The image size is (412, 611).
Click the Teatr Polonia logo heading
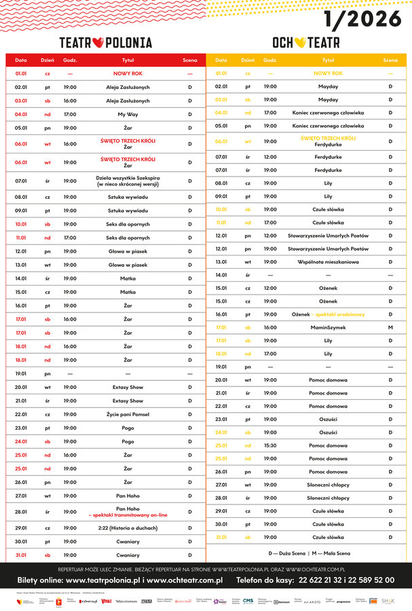click(105, 42)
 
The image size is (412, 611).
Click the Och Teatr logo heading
click(306, 42)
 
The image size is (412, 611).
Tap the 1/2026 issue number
click(362, 19)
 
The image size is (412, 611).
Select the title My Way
click(128, 114)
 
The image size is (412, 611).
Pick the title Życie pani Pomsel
click(128, 414)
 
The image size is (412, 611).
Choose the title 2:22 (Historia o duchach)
click(128, 527)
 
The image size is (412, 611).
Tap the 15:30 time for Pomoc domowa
click(270, 445)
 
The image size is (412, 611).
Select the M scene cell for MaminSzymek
click(390, 327)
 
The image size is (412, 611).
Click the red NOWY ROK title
click(128, 73)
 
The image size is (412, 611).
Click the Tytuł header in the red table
click(128, 60)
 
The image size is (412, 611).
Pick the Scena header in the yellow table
click(390, 60)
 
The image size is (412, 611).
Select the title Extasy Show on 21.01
click(128, 401)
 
